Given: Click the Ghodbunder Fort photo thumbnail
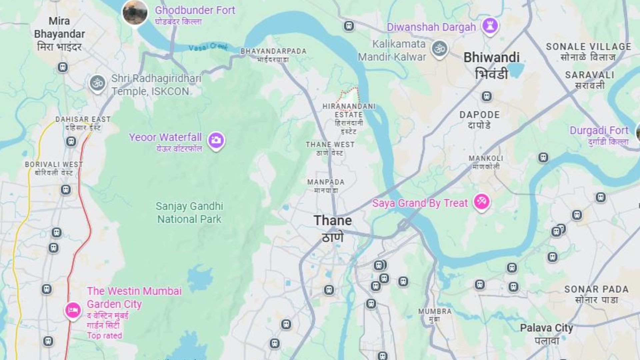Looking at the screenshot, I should (x=135, y=12).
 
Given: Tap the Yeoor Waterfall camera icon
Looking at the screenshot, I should (x=216, y=140).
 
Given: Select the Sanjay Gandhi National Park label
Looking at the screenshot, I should (x=189, y=213).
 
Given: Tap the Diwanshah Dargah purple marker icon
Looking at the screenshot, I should (x=490, y=25).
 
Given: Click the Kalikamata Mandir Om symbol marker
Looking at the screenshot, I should (x=439, y=49).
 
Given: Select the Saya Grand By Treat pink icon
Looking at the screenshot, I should (x=482, y=201).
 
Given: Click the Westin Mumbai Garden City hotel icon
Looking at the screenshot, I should (x=73, y=310).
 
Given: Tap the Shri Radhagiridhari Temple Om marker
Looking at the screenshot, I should (x=98, y=83).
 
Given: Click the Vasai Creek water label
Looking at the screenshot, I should (x=208, y=47).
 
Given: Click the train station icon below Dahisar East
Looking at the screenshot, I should (x=71, y=142).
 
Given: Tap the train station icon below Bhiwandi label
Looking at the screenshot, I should (x=487, y=96).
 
